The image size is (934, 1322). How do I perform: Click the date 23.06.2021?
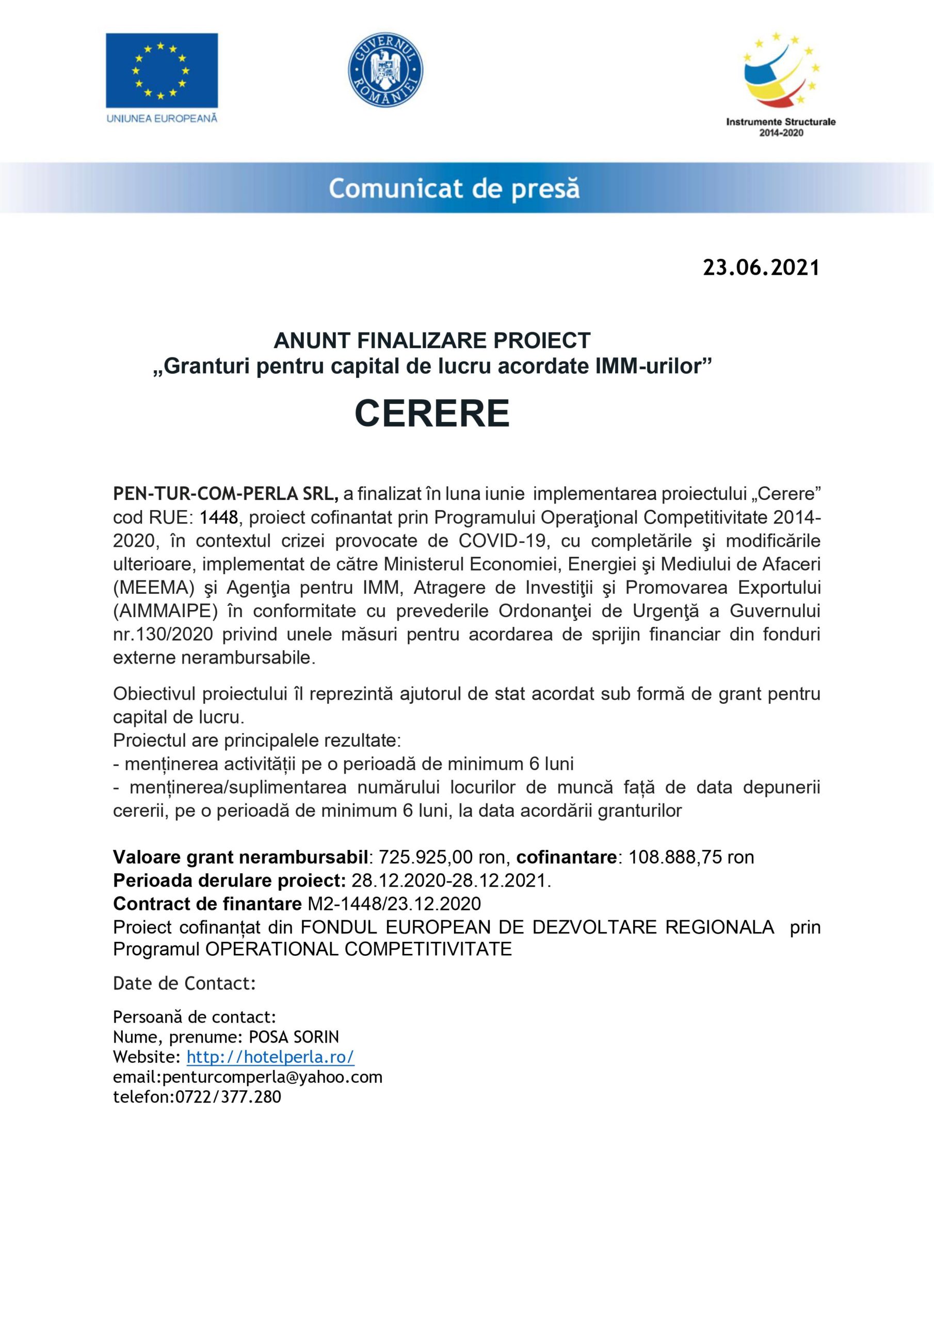coord(761,267)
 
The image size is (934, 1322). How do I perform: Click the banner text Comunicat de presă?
coord(454,189)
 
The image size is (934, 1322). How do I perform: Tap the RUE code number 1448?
coord(219,517)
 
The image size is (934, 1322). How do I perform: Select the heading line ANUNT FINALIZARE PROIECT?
coord(431,341)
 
